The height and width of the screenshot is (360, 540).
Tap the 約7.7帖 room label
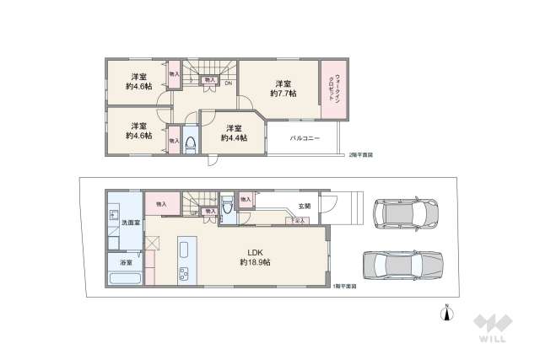coord(283,89)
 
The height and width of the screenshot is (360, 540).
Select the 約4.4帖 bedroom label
coord(233,132)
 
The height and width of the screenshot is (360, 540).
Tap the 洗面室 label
coord(130,223)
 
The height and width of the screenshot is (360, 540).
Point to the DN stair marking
coord(229,83)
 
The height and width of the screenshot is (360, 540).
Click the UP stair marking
coord(194,212)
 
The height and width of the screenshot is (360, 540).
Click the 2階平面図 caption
coord(361,155)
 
